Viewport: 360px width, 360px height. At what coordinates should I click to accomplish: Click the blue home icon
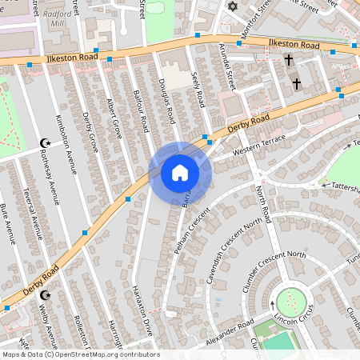click(x=180, y=173)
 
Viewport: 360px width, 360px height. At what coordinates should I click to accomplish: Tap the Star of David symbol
click(x=234, y=7)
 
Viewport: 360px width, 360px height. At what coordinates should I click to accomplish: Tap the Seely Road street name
click(x=198, y=89)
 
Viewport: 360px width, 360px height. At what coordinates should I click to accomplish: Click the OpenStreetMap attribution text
click(x=81, y=354)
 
